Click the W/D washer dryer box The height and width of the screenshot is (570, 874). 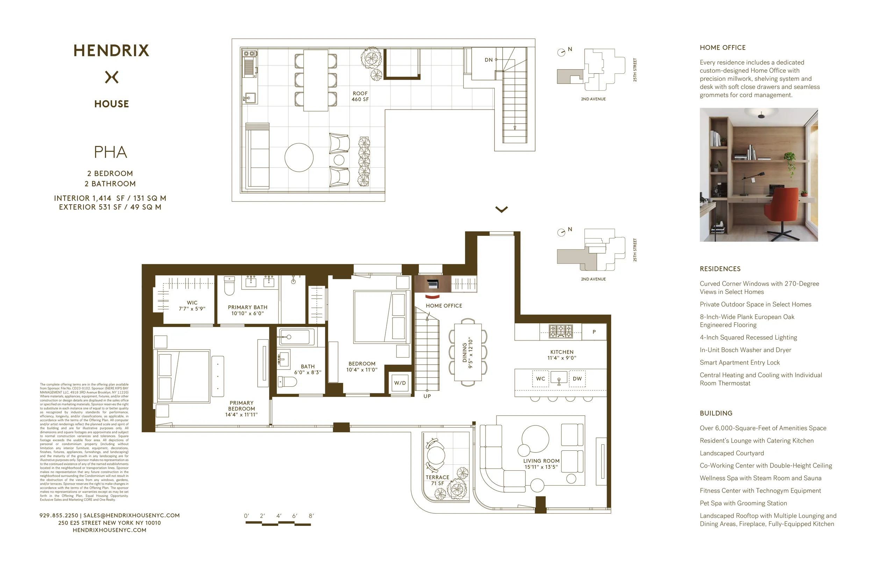(400, 383)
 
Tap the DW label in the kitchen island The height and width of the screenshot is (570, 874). (577, 379)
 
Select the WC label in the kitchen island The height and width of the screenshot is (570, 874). (540, 379)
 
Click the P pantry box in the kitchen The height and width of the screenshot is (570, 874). (594, 332)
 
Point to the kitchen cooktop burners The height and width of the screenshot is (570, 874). (560, 331)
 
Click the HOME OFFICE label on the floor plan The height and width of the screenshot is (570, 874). (444, 306)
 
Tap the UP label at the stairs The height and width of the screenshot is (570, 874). (427, 396)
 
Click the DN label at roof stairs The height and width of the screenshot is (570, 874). (488, 60)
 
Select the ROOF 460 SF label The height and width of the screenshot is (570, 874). (360, 96)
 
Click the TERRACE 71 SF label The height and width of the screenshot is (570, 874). (437, 480)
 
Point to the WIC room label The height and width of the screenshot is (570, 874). (192, 305)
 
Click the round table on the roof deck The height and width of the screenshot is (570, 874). (299, 157)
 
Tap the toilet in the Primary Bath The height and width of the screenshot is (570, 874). (229, 286)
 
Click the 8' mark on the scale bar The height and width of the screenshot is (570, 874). (311, 516)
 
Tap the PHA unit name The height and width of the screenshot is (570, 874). (110, 152)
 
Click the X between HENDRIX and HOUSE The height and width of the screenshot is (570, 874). (112, 77)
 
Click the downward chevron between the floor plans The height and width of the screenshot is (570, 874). (501, 210)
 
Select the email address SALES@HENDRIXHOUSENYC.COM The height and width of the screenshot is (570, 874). (131, 516)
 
